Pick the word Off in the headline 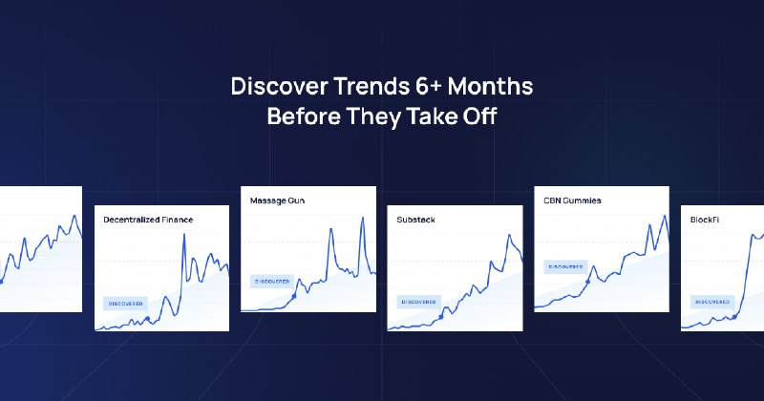[x=480, y=118]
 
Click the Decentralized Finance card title [x=148, y=220]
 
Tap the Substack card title [x=416, y=220]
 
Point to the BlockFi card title [x=706, y=220]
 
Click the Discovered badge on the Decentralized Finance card [x=126, y=303]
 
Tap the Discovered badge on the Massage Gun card [x=271, y=281]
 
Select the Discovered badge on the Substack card [x=418, y=302]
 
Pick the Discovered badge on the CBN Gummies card [x=565, y=266]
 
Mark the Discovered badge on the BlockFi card [x=712, y=302]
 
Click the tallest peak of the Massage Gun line [x=363, y=219]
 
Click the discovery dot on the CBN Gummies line [x=588, y=282]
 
